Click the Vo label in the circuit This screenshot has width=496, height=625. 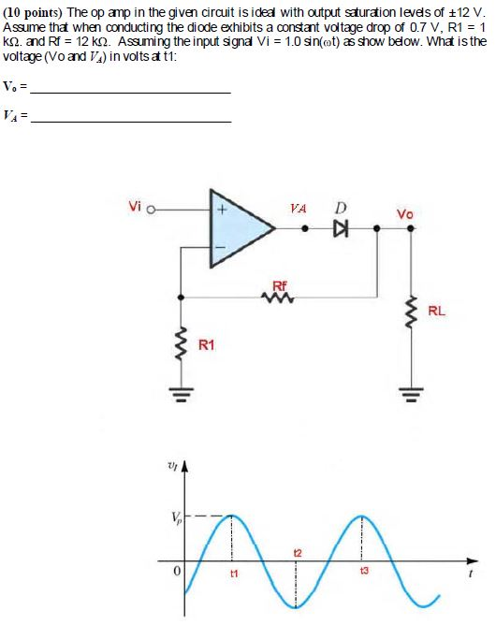click(x=404, y=214)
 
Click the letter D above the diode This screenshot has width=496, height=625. click(x=343, y=207)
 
